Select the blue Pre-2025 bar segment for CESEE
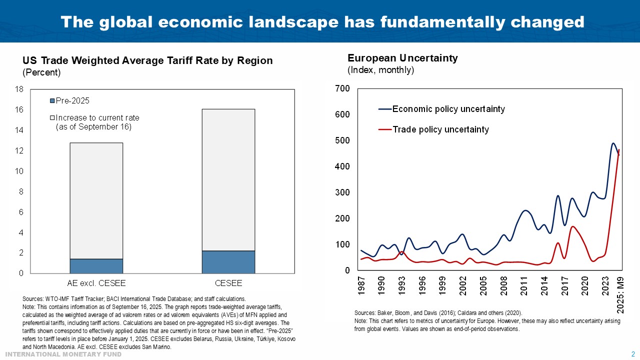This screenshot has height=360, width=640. [228, 262]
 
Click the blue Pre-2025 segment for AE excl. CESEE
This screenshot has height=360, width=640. [96, 266]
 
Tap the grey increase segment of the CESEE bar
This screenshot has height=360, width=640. [228, 180]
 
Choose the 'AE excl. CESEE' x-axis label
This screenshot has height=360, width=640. [96, 283]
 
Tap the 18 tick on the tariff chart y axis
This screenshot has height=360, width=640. [20, 89]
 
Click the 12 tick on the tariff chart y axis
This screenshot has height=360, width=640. [20, 151]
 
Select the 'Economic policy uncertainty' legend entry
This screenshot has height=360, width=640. [448, 109]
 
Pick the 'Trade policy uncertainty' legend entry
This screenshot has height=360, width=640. [440, 129]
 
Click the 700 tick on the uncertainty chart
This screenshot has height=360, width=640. [343, 88]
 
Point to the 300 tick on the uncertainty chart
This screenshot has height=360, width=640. [343, 192]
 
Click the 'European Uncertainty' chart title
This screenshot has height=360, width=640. [402, 58]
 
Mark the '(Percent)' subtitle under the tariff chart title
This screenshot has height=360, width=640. [41, 72]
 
